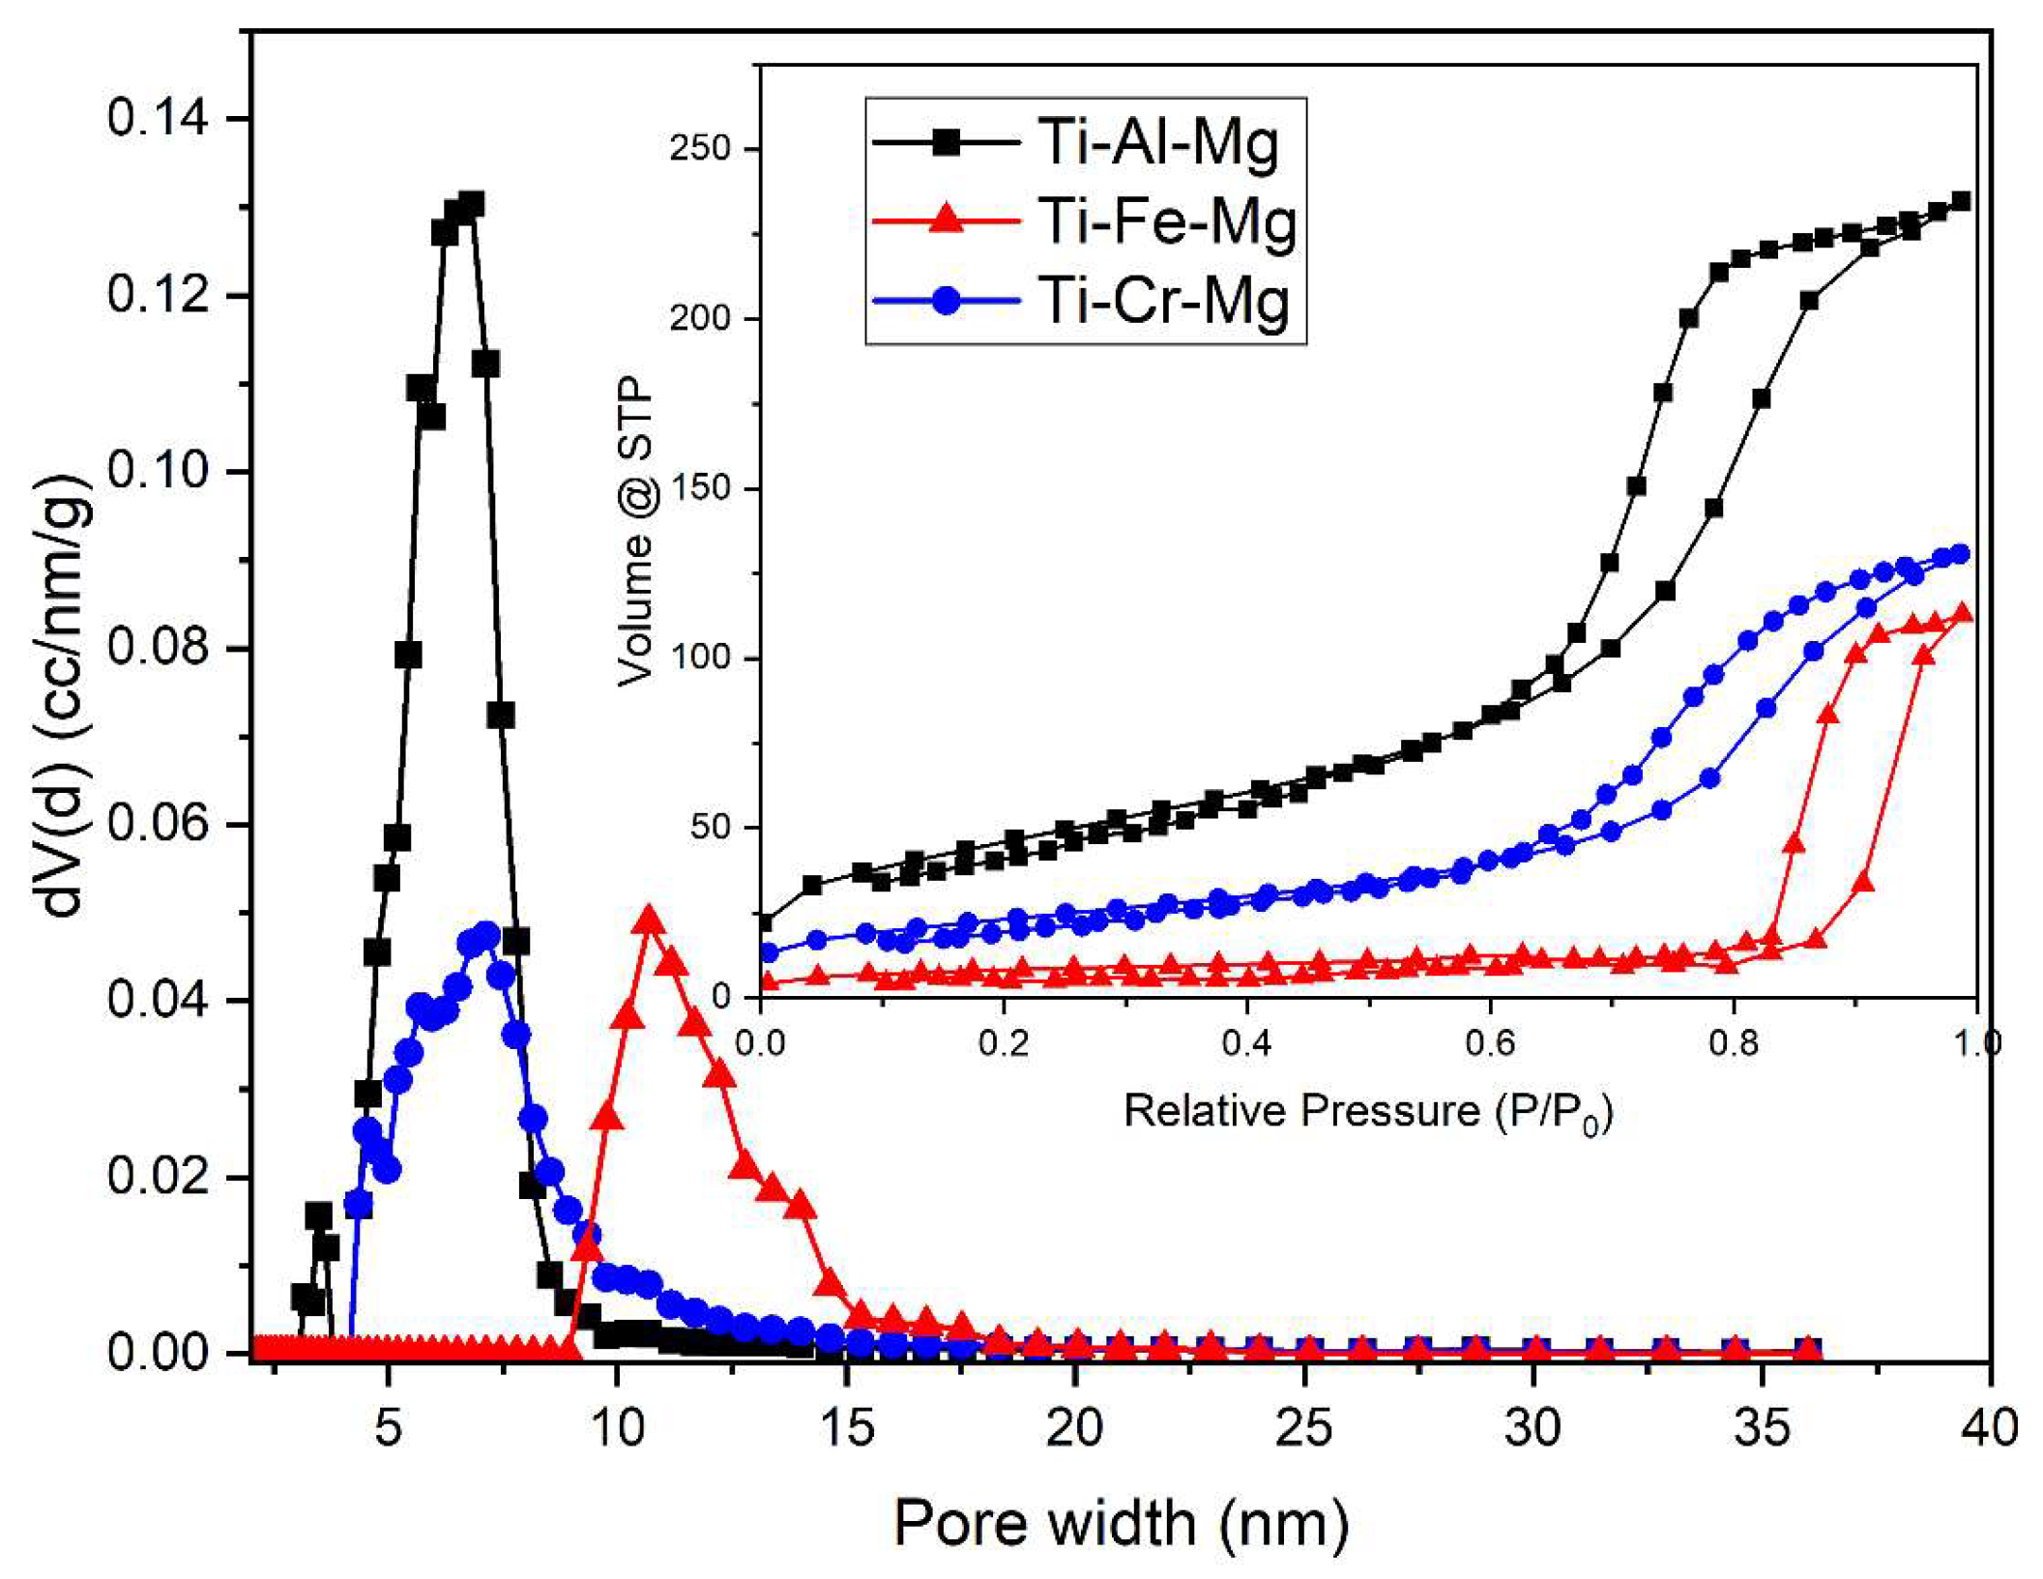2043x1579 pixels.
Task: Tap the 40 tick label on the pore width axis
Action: coord(1990,1427)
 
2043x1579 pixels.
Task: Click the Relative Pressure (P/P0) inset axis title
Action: coord(1368,1111)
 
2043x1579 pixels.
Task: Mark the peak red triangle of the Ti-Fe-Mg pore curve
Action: coord(650,920)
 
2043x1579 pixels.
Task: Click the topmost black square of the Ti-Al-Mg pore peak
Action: coord(472,204)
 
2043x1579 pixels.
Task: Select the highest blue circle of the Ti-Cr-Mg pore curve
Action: coord(486,936)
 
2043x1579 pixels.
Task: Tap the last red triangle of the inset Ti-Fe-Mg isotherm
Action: coord(1963,613)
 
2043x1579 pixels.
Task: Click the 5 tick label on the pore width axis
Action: coord(388,1427)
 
